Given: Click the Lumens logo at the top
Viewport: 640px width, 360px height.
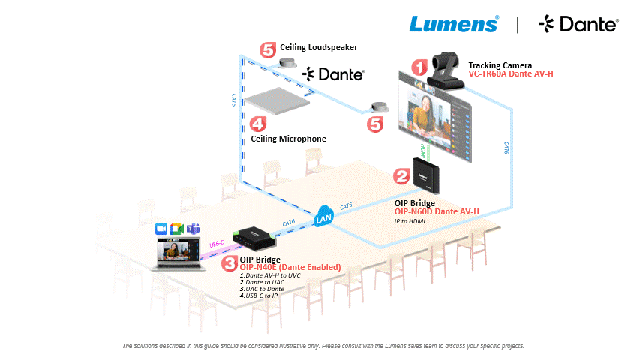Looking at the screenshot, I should (453, 24).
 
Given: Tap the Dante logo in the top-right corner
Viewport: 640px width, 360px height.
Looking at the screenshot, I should (578, 25).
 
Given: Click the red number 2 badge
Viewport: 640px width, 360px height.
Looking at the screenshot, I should (402, 177).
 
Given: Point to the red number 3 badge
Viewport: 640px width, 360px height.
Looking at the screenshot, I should (229, 262).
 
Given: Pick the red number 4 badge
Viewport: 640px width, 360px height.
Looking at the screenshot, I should (257, 124).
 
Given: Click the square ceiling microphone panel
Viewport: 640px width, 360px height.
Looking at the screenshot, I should (281, 102).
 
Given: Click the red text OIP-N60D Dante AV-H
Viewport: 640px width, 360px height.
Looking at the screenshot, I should (437, 212).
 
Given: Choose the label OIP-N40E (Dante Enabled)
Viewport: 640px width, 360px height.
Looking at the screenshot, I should (290, 268).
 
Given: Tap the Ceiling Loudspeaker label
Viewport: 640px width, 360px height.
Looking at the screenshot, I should (318, 47).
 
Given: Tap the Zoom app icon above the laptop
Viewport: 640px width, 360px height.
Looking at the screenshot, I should (160, 228).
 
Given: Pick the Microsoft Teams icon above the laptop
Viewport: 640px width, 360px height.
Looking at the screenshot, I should (193, 228).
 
